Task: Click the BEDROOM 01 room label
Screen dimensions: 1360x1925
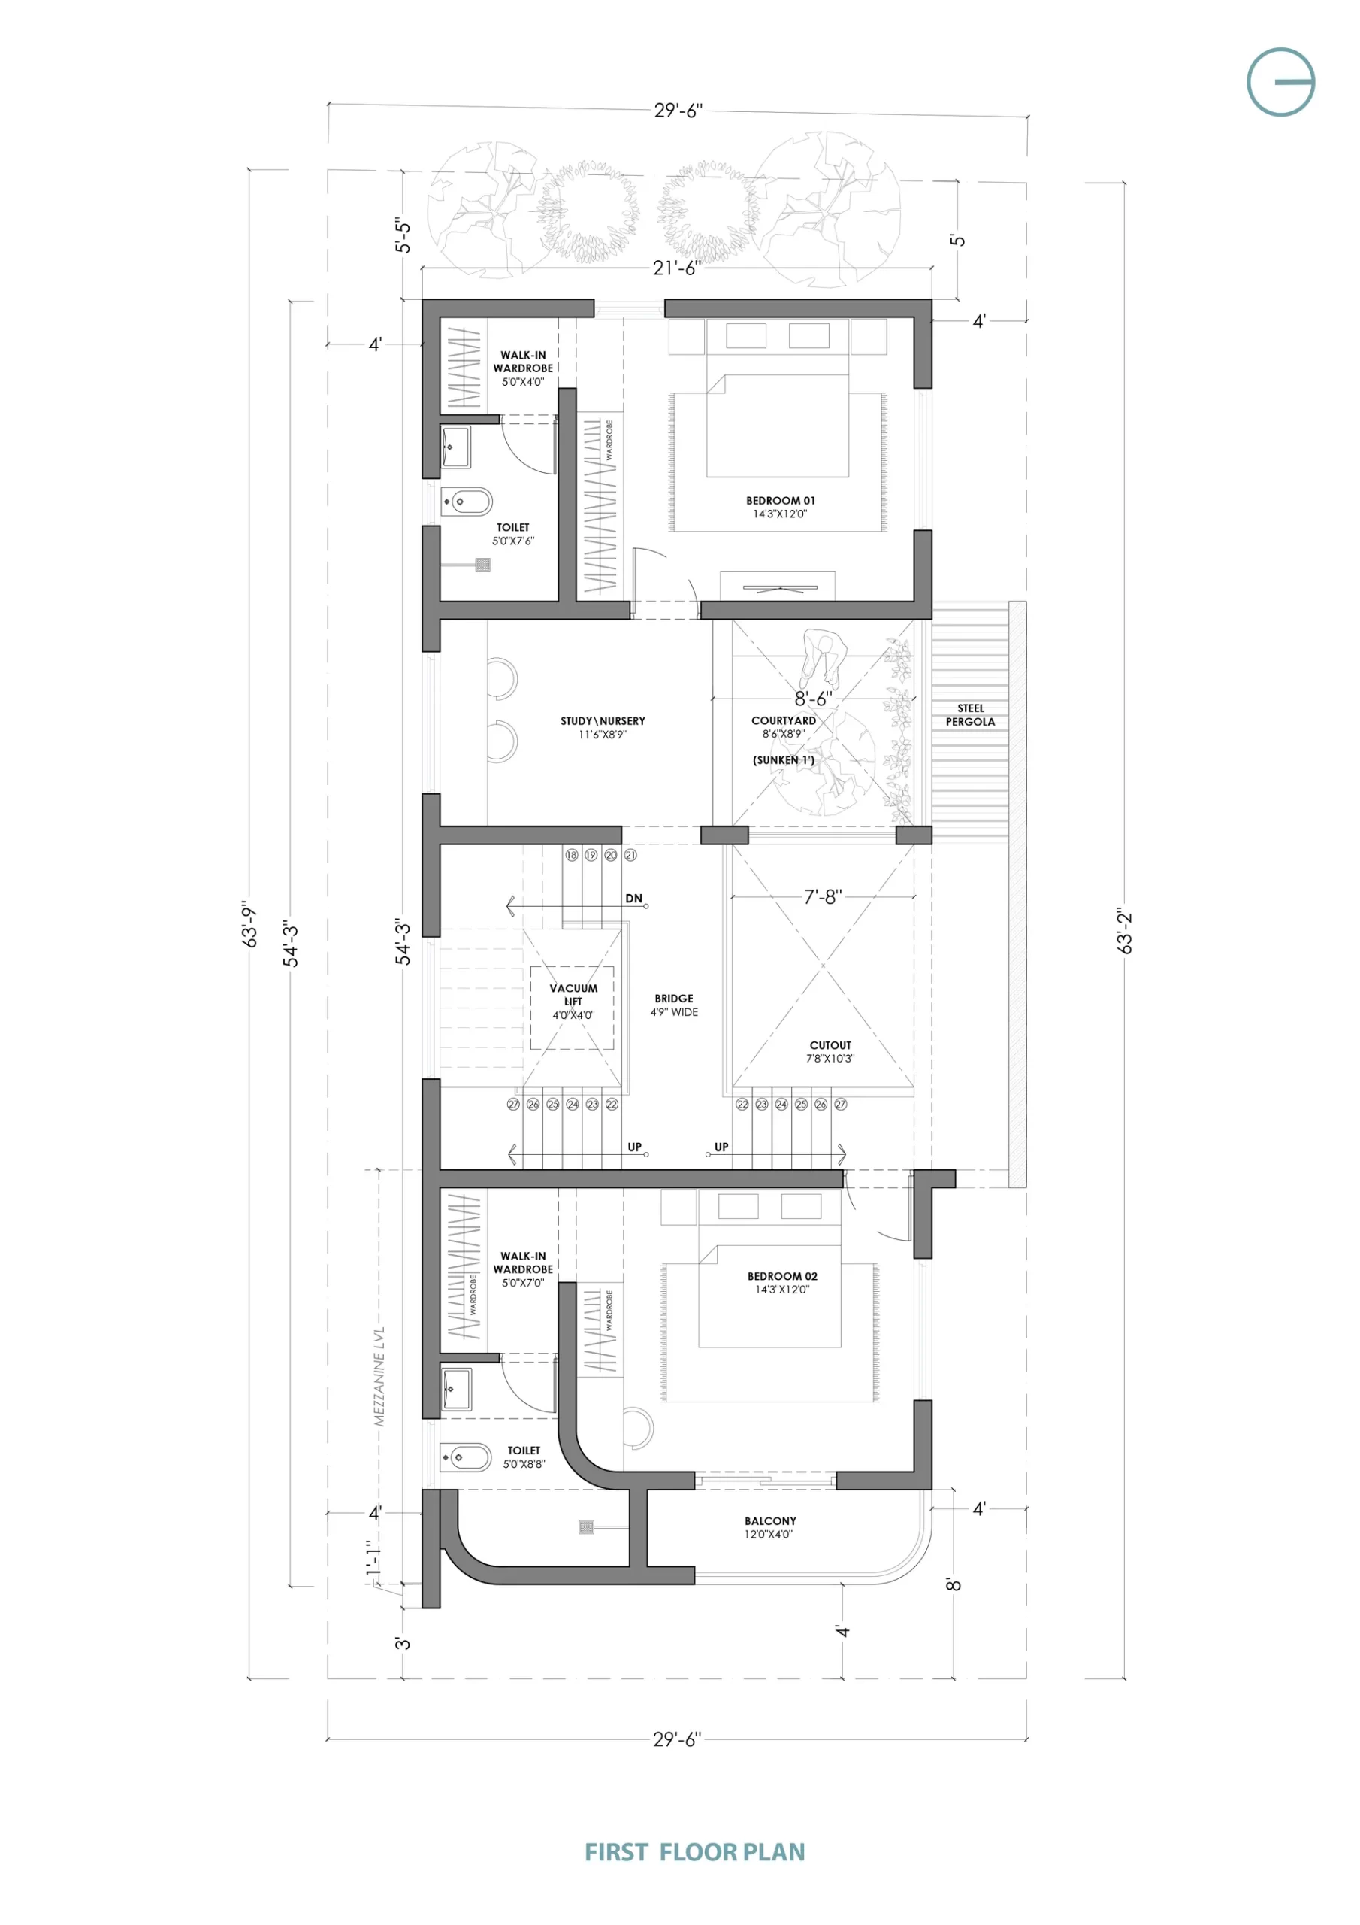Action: pos(780,501)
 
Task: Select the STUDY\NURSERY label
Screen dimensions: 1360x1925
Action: pos(603,721)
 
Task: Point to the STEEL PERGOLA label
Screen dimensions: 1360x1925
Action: pos(970,715)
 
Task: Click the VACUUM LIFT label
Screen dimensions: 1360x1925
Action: pos(573,994)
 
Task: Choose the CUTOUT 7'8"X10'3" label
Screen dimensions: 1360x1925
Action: pos(830,1052)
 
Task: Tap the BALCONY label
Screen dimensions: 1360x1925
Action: pos(770,1521)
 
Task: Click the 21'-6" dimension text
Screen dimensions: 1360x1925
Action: pos(677,268)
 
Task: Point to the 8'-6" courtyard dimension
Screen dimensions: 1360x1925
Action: pos(814,698)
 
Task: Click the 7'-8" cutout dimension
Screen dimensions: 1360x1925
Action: pos(823,897)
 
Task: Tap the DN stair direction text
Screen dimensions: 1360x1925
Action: pos(633,898)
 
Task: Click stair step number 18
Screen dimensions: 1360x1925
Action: pos(572,855)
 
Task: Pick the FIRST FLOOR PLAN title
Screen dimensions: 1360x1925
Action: pos(695,1852)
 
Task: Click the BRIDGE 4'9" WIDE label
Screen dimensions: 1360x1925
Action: pos(675,1005)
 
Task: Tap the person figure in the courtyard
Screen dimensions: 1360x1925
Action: pos(824,659)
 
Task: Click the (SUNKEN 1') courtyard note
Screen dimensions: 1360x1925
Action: pos(784,760)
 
